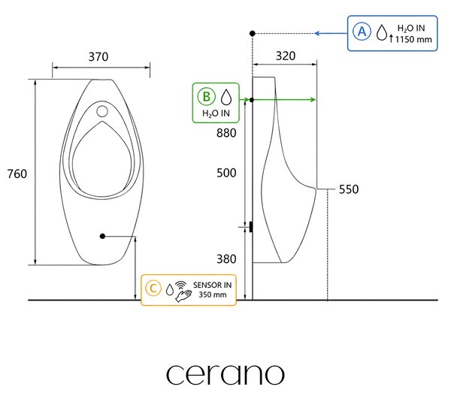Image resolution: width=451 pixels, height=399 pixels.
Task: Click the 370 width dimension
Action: pos(98,56)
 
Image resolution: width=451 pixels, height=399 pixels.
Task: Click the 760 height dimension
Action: pos(17,174)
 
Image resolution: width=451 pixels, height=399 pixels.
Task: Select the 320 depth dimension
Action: pos(286,56)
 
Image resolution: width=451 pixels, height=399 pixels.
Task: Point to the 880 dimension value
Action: pos(226,133)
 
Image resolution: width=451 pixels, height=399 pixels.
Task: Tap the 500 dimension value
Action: pos(226,173)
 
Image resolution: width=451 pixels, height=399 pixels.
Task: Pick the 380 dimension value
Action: pos(226,258)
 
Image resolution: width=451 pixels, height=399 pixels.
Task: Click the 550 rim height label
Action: pos(349,189)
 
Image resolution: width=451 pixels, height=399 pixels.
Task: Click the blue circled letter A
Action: pos(362,32)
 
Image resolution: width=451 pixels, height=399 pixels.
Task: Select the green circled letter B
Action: pos(206,97)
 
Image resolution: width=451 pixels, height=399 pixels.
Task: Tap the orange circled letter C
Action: pos(153,289)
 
